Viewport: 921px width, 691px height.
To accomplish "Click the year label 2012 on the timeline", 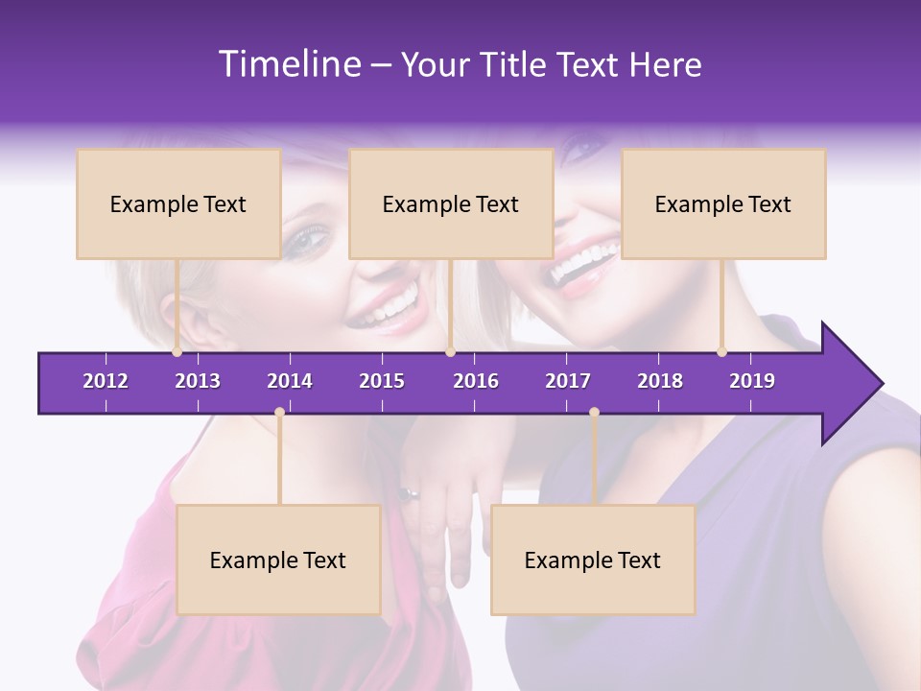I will (106, 381).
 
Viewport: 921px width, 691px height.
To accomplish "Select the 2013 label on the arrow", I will (198, 381).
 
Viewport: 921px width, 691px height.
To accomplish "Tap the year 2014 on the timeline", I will (290, 381).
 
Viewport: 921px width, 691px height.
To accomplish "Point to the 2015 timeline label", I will (382, 381).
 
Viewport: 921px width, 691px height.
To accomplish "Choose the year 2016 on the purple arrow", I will (476, 381).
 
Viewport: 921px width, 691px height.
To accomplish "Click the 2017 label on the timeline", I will (568, 381).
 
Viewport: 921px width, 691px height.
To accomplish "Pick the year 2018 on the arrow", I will (660, 381).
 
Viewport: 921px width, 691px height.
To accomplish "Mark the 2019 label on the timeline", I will (752, 381).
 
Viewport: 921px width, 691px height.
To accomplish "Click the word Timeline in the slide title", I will (289, 64).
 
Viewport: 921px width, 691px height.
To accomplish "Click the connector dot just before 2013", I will (177, 352).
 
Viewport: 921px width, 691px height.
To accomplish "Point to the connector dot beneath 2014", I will (279, 413).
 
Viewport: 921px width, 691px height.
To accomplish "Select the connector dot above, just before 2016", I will (450, 352).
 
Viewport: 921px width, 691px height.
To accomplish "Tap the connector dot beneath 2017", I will (594, 413).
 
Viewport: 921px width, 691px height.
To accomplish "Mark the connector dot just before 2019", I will (721, 352).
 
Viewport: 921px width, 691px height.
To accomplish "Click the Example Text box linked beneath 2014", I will (278, 560).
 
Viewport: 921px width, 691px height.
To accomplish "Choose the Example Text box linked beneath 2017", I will (593, 560).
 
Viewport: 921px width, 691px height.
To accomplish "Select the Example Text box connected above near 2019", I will (723, 204).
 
